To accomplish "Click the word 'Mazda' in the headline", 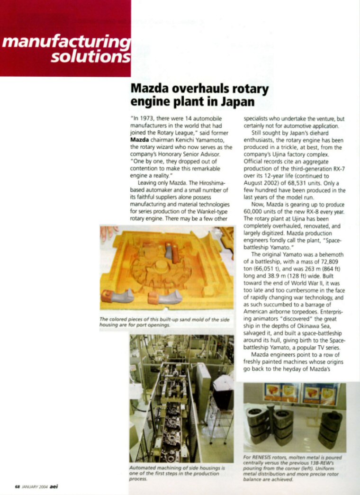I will click(148, 89).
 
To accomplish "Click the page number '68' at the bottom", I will click(17, 486).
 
